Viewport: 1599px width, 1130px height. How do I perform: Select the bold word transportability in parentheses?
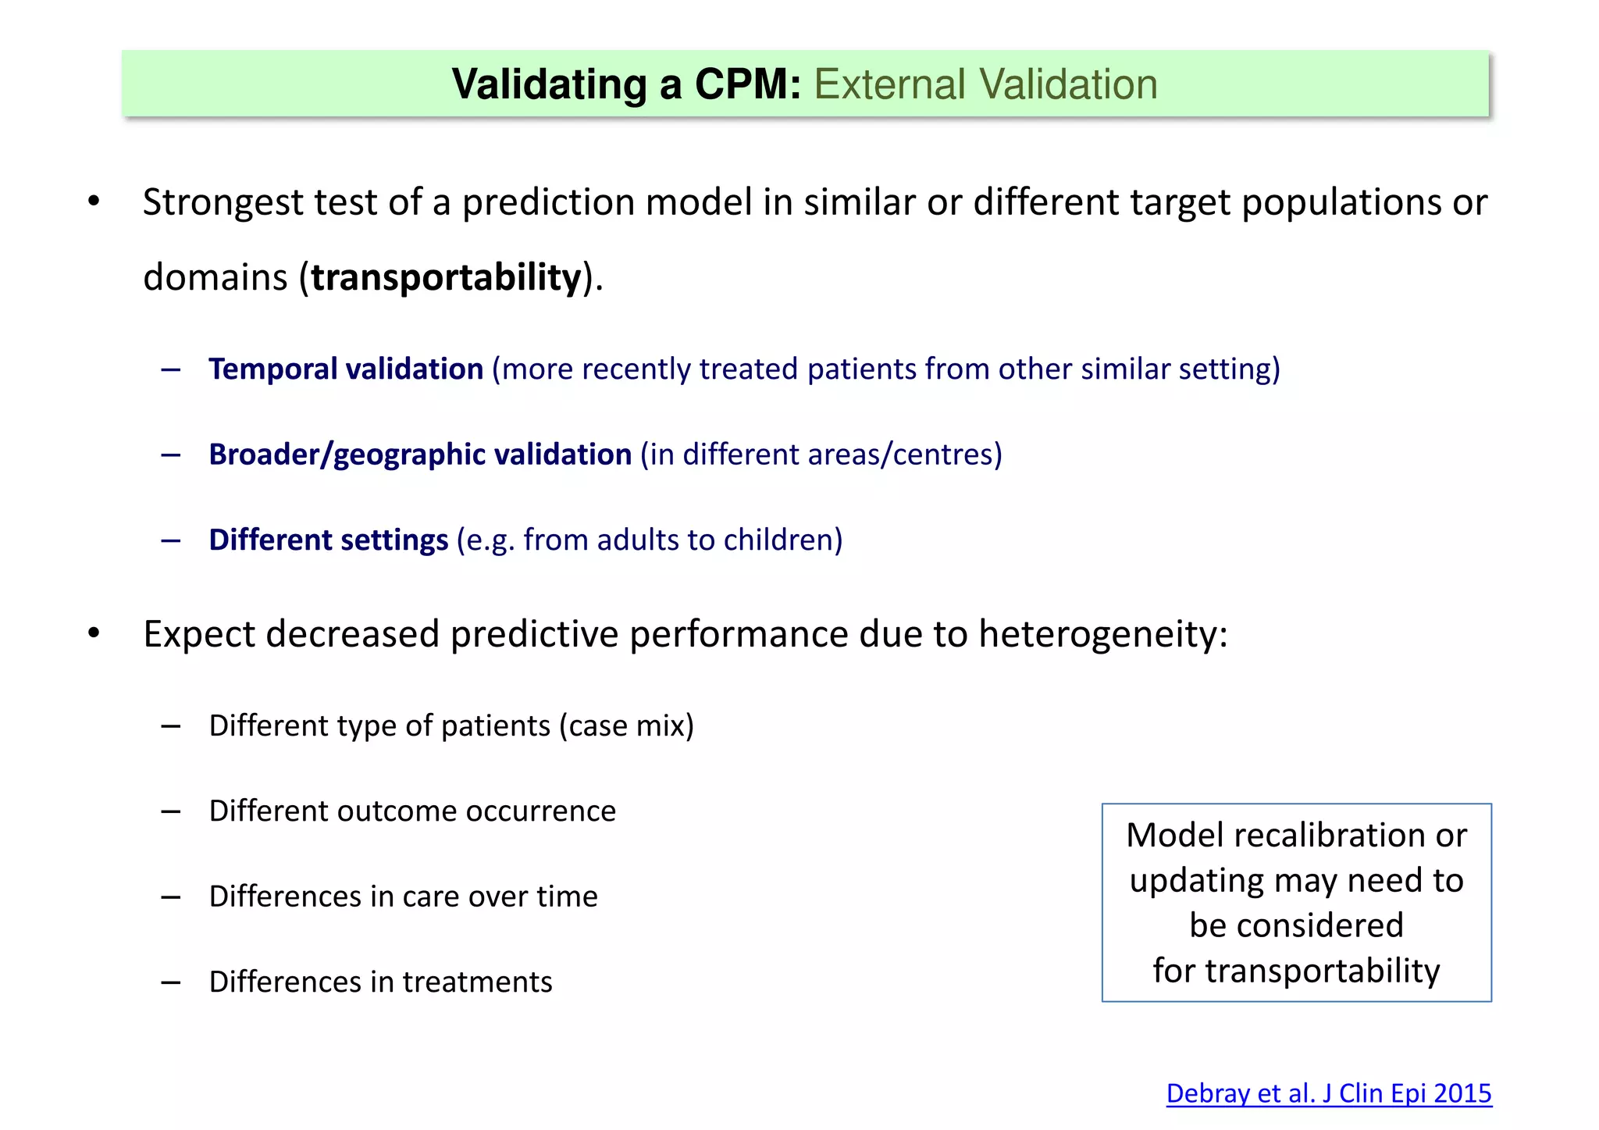click(x=447, y=277)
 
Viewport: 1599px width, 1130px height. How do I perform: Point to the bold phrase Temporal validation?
click(x=346, y=369)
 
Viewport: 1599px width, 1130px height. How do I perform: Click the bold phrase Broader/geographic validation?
click(x=420, y=454)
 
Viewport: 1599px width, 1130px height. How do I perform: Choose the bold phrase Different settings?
click(x=329, y=540)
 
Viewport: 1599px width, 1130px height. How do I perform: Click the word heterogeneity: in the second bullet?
click(x=1103, y=633)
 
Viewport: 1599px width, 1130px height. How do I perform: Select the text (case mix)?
click(x=626, y=726)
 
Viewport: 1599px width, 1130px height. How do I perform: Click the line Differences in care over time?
click(x=403, y=897)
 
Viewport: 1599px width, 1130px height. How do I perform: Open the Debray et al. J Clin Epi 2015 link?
click(x=1328, y=1093)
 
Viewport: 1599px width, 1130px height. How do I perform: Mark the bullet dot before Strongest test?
click(x=94, y=202)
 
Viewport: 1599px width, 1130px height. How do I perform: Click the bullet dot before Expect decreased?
click(x=94, y=633)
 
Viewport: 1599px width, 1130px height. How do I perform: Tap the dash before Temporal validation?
click(x=171, y=369)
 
